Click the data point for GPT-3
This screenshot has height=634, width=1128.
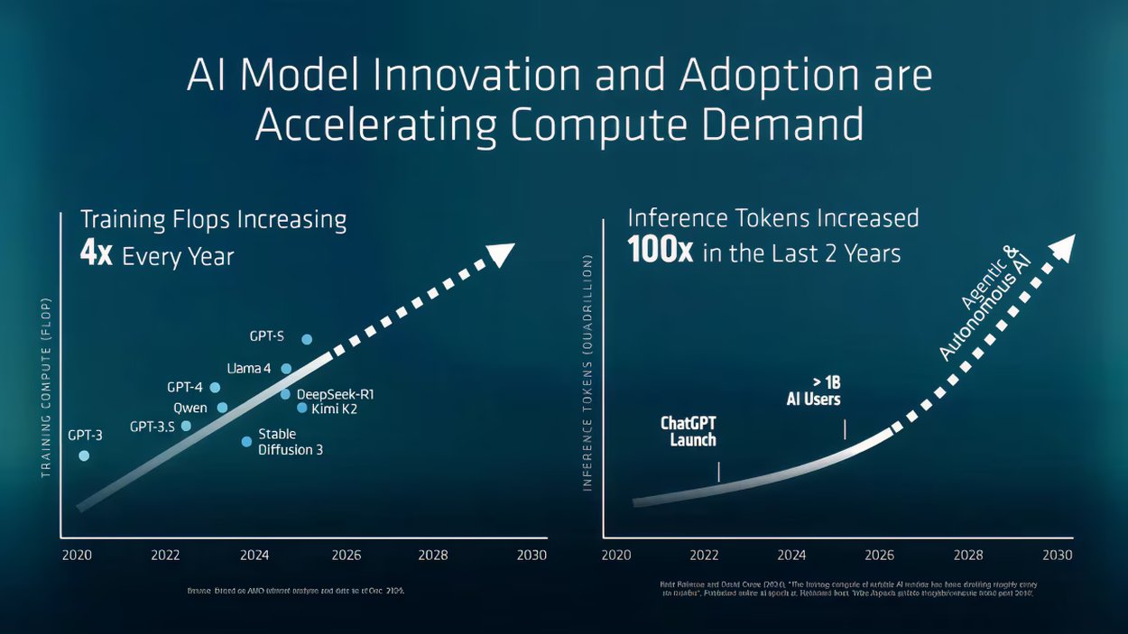coord(84,455)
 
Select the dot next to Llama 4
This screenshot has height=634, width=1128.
coord(286,369)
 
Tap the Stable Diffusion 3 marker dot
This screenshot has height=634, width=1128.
coord(246,441)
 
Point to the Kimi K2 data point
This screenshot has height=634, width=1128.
coord(302,408)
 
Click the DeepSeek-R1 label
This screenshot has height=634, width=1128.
coord(335,394)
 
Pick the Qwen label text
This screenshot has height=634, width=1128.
coord(190,408)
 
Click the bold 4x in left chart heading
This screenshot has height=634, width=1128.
coord(96,254)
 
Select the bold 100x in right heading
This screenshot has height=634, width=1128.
coord(660,252)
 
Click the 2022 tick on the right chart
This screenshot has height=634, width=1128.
coord(703,555)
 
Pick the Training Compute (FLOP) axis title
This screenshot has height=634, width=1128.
coord(46,386)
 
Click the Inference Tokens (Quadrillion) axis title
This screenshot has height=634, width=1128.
coord(587,372)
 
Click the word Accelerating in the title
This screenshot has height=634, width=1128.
coord(375,124)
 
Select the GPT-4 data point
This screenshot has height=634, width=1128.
coord(215,387)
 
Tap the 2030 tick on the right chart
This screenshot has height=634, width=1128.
coord(1058,555)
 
